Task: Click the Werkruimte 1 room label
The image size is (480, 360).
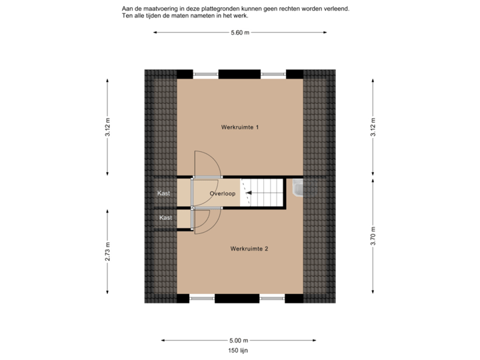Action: click(x=239, y=127)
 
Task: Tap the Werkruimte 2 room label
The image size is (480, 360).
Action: click(x=249, y=249)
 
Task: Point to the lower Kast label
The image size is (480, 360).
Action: click(x=165, y=218)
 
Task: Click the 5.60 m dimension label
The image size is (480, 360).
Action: click(x=240, y=32)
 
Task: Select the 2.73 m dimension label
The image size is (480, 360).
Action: click(x=107, y=252)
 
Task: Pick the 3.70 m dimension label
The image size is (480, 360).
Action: click(x=373, y=236)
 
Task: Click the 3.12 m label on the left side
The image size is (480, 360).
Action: click(x=107, y=127)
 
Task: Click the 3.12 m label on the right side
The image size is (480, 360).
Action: click(x=373, y=127)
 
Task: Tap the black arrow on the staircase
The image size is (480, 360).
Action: click(x=249, y=193)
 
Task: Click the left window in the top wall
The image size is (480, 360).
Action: click(x=206, y=73)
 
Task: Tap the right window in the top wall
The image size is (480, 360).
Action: click(x=273, y=73)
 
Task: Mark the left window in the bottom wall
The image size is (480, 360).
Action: click(x=203, y=298)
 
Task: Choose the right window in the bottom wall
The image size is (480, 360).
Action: click(x=273, y=298)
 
